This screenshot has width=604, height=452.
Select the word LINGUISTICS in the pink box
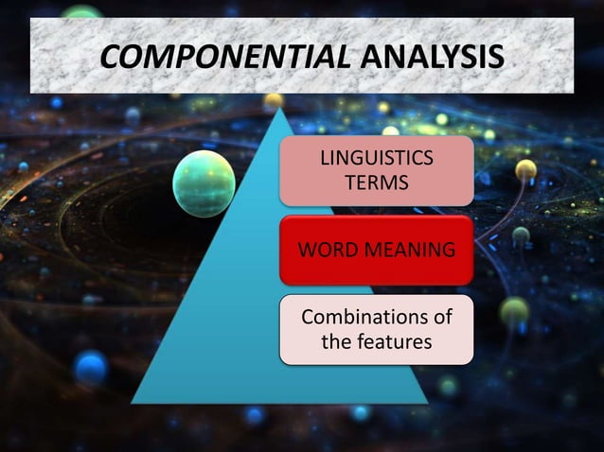tap(377, 158)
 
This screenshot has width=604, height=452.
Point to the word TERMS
tap(377, 182)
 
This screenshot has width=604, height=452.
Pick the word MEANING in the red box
tap(409, 251)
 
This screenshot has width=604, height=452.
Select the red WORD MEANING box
tap(377, 251)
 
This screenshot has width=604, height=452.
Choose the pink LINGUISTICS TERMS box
tap(377, 170)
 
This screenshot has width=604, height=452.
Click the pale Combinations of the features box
tap(377, 329)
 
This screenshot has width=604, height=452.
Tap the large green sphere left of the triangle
tap(204, 183)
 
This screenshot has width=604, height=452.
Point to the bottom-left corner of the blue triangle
tap(133, 402)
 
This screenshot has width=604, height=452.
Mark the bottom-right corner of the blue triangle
tap(427, 402)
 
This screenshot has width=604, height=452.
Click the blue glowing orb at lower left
tap(91, 366)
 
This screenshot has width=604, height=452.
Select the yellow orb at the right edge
tap(526, 170)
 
